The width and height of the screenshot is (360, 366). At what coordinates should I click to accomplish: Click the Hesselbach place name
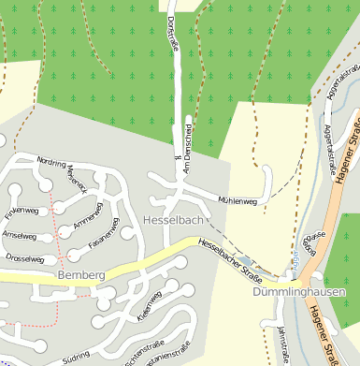click(x=173, y=220)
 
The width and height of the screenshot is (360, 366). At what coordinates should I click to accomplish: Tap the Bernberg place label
click(x=79, y=275)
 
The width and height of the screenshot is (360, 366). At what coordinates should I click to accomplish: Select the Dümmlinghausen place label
click(x=299, y=291)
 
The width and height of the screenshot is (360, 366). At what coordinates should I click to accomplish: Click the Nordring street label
click(x=50, y=162)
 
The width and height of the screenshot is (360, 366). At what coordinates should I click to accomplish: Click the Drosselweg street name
click(x=25, y=257)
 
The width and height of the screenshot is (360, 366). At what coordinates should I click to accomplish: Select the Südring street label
click(x=77, y=359)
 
